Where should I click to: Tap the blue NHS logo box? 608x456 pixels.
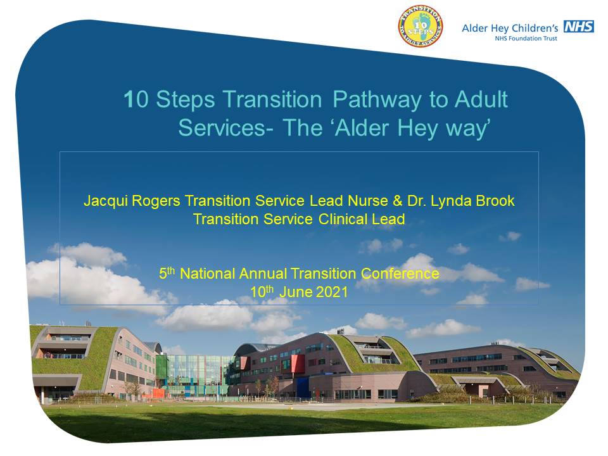[x=579, y=27]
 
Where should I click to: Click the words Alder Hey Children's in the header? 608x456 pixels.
[x=510, y=28]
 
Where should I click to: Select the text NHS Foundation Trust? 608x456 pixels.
[x=526, y=38]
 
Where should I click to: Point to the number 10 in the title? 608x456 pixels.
[x=136, y=100]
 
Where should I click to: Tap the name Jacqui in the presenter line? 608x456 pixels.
[x=101, y=201]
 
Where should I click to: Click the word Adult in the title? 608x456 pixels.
[x=481, y=100]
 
